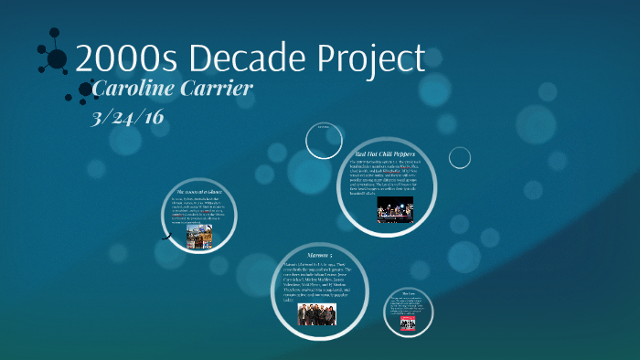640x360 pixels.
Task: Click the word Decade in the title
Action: pos(240,58)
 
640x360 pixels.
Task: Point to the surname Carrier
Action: pos(213,90)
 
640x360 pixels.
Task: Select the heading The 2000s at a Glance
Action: pos(198,192)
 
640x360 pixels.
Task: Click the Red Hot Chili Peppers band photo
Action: pos(395,210)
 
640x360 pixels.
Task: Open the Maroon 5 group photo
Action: pos(317,313)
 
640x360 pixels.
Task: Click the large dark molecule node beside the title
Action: pos(57,59)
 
